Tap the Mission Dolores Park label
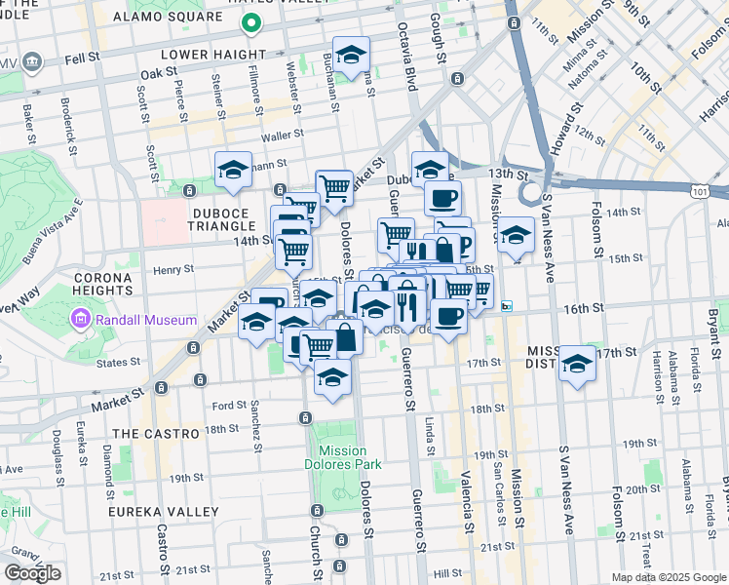click(x=342, y=457)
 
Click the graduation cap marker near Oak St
click(x=352, y=54)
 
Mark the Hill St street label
click(x=447, y=574)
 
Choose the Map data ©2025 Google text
click(x=669, y=577)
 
